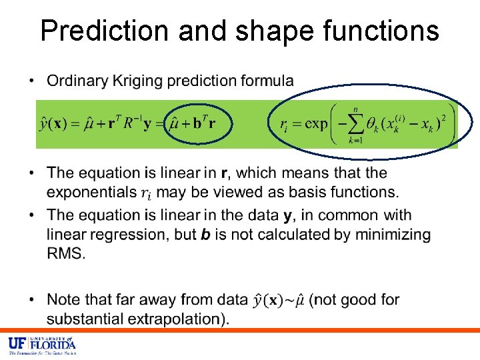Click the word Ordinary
coord(77,81)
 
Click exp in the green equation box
coord(311,124)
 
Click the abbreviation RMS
coord(65,253)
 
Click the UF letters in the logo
coord(17,344)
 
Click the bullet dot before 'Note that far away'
coord(31,300)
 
